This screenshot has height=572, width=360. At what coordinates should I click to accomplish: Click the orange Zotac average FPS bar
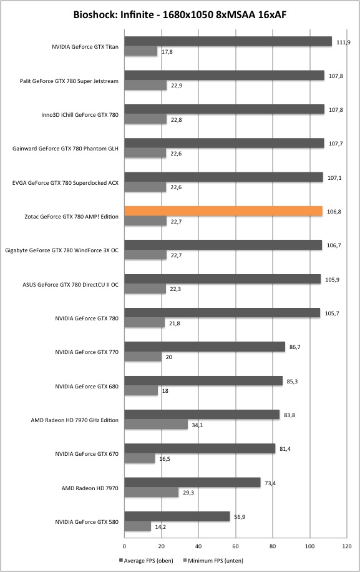223,211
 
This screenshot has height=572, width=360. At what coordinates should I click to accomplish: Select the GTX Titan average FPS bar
228,42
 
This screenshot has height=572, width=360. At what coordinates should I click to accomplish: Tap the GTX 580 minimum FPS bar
138,526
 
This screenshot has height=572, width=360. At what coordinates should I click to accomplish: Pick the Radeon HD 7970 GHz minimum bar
156,424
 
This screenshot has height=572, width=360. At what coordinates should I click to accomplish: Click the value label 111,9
343,42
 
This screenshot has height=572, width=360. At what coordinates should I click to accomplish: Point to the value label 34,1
197,425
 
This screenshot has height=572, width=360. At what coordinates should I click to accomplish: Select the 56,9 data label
240,517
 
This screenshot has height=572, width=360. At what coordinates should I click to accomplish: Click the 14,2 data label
161,527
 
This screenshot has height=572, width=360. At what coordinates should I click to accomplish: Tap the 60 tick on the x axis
236,546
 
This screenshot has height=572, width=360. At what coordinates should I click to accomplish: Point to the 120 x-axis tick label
347,546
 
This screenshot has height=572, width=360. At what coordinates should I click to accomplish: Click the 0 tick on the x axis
124,546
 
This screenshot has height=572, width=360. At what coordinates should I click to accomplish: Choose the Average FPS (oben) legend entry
146,560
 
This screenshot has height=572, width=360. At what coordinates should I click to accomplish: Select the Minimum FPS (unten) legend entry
213,560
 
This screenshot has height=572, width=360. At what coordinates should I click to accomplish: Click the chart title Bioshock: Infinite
114,14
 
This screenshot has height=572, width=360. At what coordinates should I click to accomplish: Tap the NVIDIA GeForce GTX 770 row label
87,352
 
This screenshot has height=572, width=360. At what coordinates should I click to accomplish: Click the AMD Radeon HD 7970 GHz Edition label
75,420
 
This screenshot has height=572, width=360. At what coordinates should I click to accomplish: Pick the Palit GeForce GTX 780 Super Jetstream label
69,81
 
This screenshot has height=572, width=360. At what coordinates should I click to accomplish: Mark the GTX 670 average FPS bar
200,448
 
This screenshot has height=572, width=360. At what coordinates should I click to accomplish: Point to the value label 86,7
294,347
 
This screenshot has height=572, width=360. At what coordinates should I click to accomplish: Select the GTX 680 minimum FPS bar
141,390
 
